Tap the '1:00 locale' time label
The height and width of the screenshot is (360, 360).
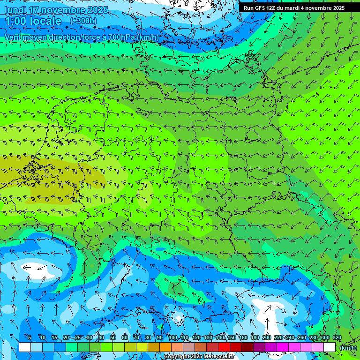point(33,22)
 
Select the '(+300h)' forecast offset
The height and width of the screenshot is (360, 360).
point(83,21)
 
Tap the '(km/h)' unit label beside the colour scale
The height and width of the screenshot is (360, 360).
point(348,348)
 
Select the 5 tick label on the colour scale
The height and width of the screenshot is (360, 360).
point(30,338)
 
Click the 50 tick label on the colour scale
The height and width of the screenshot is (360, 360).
point(113,338)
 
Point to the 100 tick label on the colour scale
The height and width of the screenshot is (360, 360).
point(173,338)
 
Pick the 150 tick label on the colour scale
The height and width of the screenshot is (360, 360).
point(232,338)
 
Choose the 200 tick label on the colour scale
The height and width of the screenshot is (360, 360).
point(267,338)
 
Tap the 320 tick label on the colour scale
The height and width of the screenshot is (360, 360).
point(337,338)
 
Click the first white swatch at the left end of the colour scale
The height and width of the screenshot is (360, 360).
point(25,347)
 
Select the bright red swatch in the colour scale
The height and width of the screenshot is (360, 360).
point(224,347)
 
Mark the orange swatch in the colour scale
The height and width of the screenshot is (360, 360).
point(165,347)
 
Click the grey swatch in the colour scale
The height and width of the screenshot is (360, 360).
point(189,347)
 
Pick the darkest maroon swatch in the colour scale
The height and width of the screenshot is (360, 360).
point(247,347)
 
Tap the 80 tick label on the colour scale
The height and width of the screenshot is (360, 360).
point(148,338)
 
